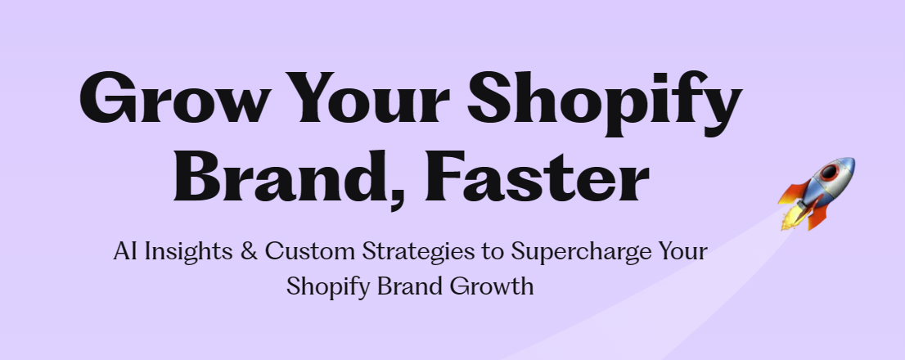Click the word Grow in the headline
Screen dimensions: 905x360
pyautogui.click(x=173, y=97)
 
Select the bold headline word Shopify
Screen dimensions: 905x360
pyautogui.click(x=605, y=104)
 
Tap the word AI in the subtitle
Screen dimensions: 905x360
pyautogui.click(x=125, y=252)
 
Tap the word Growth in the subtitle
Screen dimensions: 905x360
pyautogui.click(x=492, y=286)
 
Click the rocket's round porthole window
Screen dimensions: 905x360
pyautogui.click(x=829, y=171)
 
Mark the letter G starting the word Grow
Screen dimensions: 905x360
pyautogui.click(x=104, y=97)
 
